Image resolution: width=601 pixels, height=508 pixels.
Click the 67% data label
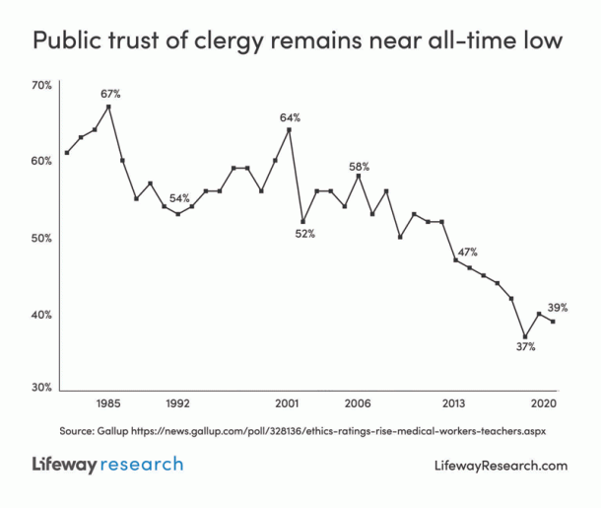(110, 94)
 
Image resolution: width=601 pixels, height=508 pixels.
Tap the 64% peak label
(290, 117)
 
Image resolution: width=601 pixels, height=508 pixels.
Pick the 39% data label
(558, 308)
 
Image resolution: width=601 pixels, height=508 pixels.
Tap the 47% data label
(467, 253)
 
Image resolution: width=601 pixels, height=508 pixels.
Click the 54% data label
(179, 198)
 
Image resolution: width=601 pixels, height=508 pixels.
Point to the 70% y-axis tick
(40, 86)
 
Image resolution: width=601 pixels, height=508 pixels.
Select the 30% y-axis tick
(40, 388)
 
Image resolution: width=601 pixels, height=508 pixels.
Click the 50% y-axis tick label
(40, 238)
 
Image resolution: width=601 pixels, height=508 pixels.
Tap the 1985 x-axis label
(108, 404)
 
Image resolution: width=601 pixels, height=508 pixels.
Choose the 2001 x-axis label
(288, 404)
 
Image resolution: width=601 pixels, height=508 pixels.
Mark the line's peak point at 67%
(108, 107)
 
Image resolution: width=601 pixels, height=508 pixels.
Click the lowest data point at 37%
(526, 336)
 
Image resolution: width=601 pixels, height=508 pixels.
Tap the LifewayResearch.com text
(501, 466)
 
